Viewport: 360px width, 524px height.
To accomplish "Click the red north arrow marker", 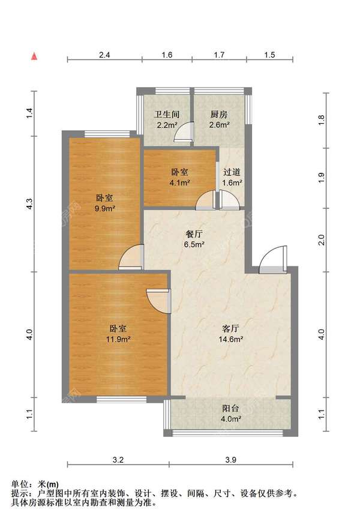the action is [34, 56].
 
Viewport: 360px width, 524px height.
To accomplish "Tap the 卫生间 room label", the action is [167, 115].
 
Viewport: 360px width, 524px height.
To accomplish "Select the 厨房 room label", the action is [219, 115].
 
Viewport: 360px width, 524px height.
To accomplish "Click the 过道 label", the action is [232, 172].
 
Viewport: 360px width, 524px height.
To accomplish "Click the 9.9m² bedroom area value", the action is [105, 208].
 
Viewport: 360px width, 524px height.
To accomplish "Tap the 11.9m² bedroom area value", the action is [118, 339].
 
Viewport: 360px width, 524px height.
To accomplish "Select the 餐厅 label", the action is [194, 234].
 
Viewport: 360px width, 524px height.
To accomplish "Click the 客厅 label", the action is [230, 328].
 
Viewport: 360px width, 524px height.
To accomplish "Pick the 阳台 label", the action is [231, 408].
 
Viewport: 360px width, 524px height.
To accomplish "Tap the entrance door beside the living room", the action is [273, 260].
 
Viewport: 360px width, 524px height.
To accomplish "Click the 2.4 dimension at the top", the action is [104, 55].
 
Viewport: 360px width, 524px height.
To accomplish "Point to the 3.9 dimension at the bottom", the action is [231, 460].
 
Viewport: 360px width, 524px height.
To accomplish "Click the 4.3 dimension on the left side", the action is [30, 204].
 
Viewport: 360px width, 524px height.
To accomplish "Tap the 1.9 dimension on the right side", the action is [321, 178].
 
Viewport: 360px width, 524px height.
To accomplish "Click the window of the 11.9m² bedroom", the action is [122, 399].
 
